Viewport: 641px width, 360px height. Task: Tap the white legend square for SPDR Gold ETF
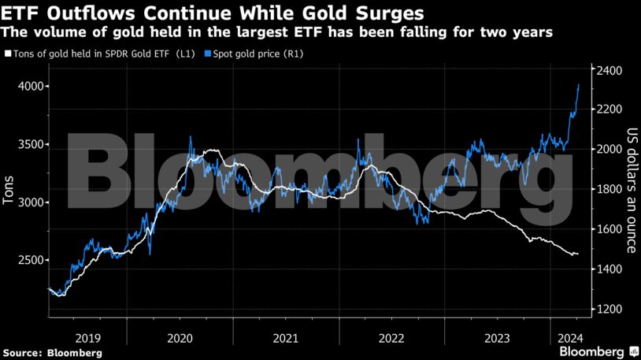click(7, 54)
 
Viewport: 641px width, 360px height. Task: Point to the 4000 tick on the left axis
click(27, 87)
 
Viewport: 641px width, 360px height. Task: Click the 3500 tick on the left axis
click(27, 145)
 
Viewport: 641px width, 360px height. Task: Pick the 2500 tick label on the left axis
click(27, 261)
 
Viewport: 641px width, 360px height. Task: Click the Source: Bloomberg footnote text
click(51, 353)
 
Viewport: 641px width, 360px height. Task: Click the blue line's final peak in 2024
click(579, 85)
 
